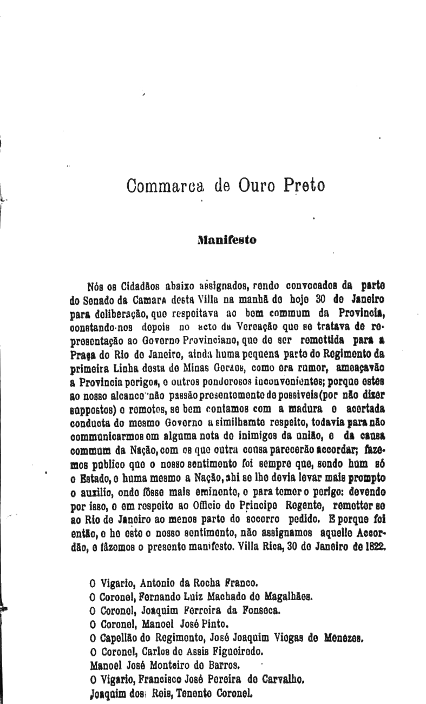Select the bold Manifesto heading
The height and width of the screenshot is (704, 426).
[227, 239]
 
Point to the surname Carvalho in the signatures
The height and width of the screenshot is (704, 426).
[274, 676]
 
